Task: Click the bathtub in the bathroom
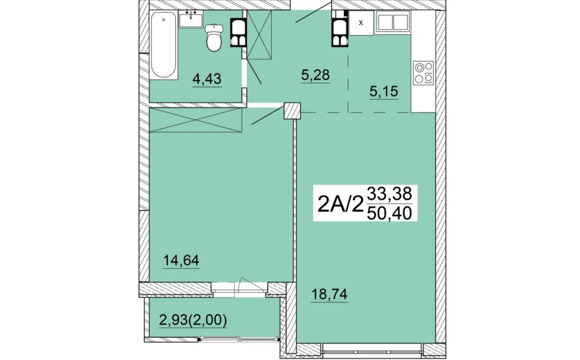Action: pos(163,45)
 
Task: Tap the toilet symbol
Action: pos(214,37)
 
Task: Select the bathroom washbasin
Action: pos(191,19)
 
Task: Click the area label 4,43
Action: pos(207,79)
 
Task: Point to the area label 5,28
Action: pos(315,75)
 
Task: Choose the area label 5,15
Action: pos(383,91)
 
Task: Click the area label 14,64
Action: pos(181,260)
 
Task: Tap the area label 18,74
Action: pos(329,295)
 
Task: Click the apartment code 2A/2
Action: pos(340,203)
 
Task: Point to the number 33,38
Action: pos(389,193)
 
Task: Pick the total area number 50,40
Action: pos(389,213)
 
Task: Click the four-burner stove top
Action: pos(423,73)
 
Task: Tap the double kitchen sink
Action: pos(393,23)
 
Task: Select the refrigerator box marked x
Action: pos(361,23)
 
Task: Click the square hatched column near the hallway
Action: pos(292,111)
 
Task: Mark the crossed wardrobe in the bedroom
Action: pos(196,120)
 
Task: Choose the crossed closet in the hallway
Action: pos(259,34)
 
